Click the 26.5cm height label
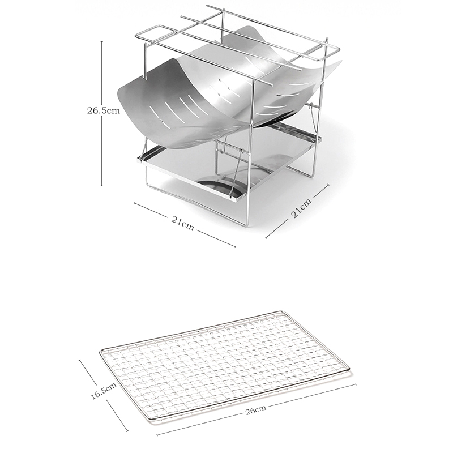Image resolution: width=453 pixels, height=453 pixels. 104,110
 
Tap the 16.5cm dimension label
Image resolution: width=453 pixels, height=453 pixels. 104,391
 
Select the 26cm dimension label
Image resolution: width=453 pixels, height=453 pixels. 256,410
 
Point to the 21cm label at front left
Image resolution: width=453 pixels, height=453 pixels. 182,223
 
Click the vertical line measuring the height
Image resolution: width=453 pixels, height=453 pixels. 102,114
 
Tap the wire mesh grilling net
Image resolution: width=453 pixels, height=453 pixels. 224,365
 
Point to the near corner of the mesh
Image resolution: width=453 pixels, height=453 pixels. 151,419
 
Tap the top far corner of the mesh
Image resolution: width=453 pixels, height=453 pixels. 281,312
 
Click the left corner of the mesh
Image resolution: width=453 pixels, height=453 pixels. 101,351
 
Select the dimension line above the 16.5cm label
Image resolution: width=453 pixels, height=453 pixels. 89,370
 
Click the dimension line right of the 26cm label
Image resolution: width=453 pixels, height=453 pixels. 311,395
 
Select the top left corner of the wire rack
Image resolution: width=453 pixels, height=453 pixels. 137,36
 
